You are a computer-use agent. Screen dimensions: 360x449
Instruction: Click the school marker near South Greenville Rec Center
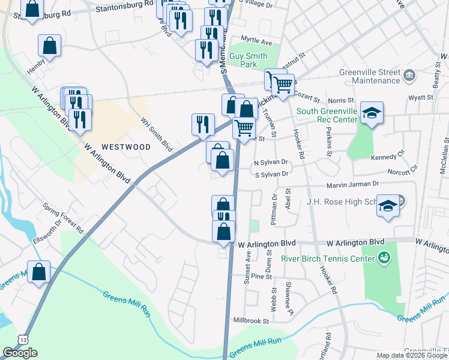point(372,112)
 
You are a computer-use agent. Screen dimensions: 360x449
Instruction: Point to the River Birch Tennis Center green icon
point(384,259)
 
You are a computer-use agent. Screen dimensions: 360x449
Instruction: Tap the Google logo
point(20,353)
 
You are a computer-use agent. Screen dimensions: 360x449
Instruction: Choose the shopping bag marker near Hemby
point(50,45)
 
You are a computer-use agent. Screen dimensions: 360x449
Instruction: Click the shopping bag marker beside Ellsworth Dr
point(39,272)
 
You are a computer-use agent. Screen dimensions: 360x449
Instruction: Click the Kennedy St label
point(384,157)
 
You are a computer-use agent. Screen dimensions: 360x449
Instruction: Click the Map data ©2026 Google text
point(412,355)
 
